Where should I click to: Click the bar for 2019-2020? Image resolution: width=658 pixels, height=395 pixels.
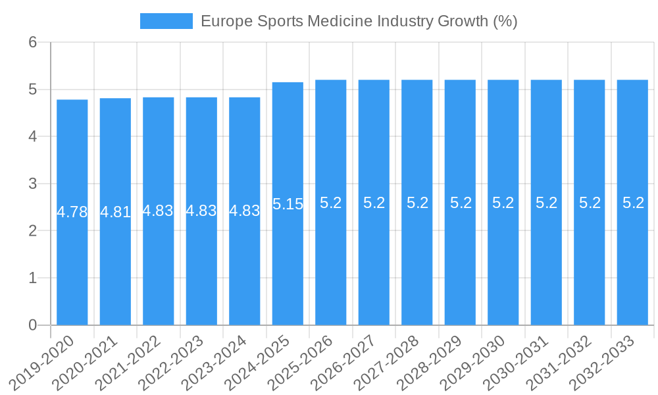(72, 263)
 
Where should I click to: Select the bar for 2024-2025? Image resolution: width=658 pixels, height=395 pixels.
(288, 263)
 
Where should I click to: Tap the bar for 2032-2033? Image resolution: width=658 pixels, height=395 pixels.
(632, 263)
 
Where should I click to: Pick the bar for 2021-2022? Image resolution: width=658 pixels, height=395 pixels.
(159, 263)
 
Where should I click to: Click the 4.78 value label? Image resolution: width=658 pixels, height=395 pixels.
(72, 212)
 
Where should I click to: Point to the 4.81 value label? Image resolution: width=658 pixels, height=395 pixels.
(115, 212)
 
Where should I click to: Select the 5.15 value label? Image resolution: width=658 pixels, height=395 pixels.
(288, 204)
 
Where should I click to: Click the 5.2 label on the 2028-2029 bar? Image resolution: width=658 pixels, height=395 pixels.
(461, 203)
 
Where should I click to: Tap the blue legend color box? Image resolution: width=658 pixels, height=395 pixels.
(166, 21)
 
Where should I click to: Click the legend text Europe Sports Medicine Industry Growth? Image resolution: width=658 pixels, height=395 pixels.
(359, 21)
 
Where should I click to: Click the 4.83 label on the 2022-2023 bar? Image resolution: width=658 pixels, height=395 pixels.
(201, 211)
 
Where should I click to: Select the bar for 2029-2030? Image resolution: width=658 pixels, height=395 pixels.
(503, 263)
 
